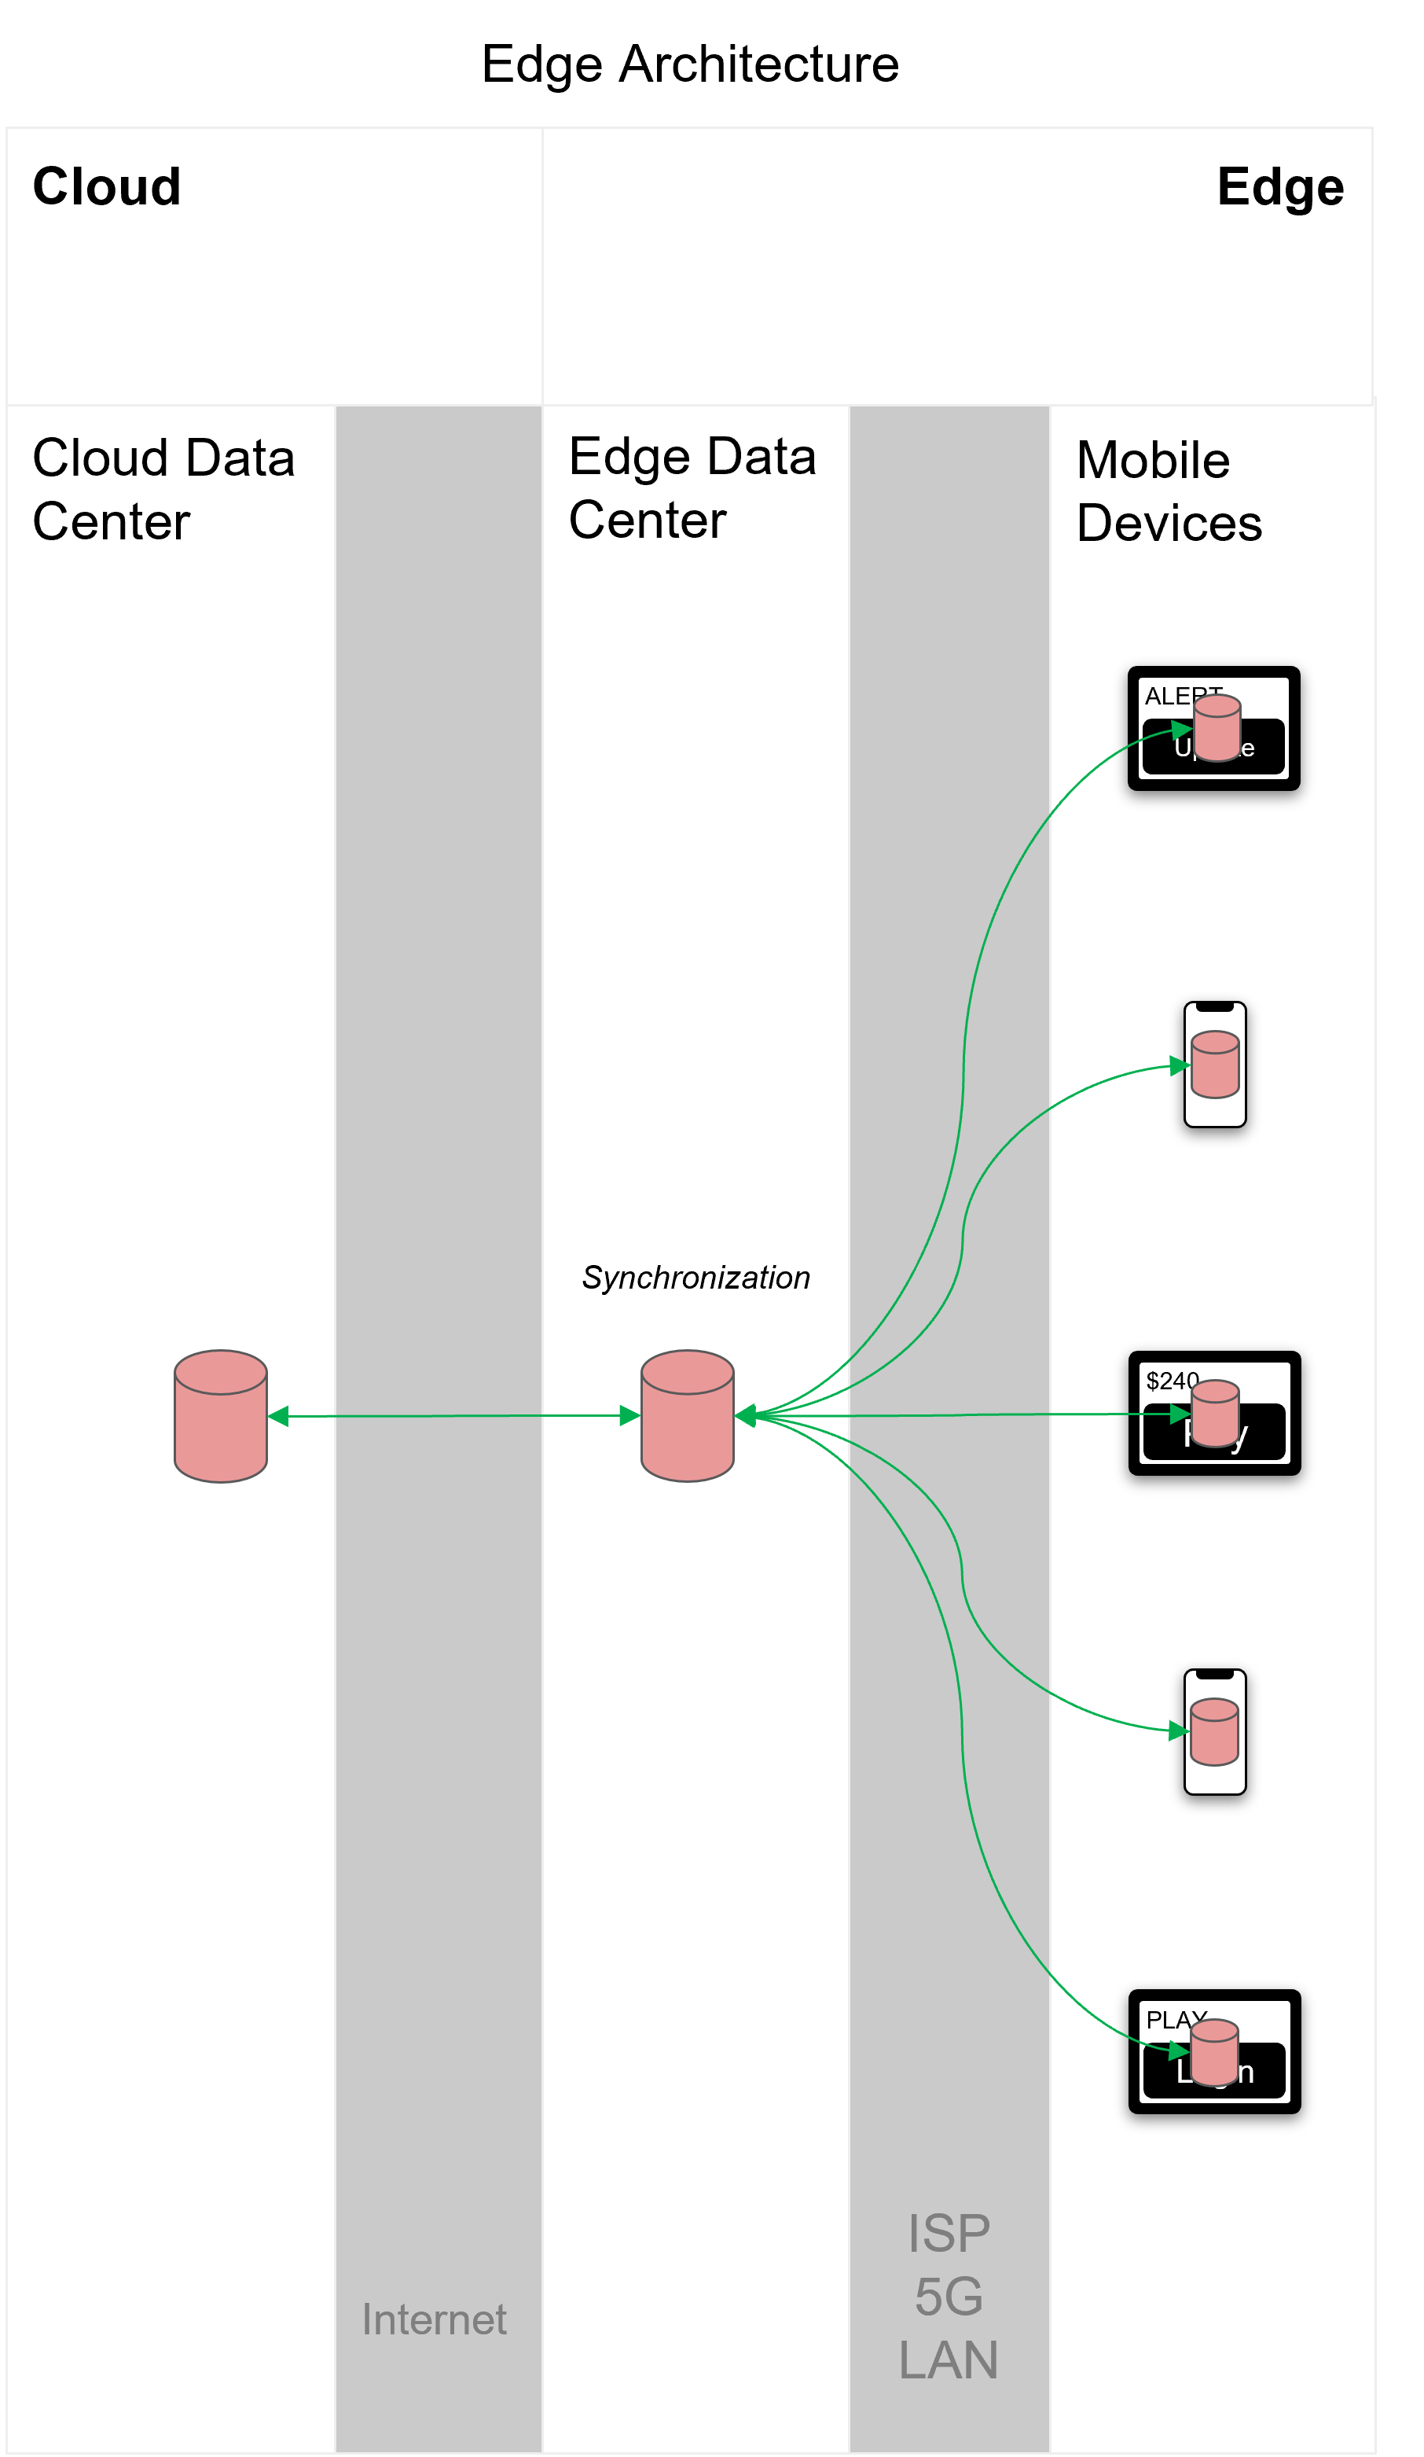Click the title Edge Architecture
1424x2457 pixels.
coord(689,64)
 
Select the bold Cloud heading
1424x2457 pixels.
coord(106,186)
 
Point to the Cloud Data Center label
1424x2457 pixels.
coord(163,490)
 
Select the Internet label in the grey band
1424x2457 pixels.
coord(434,2319)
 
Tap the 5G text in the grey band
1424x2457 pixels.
coord(948,2296)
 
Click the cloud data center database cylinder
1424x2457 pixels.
coord(220,1416)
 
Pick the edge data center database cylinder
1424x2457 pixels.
coord(687,1416)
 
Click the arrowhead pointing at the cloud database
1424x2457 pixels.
coord(277,1417)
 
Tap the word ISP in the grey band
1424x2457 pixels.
coord(948,2233)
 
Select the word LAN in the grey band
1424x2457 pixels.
coord(948,2360)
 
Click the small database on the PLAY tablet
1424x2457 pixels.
coord(1213,2052)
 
